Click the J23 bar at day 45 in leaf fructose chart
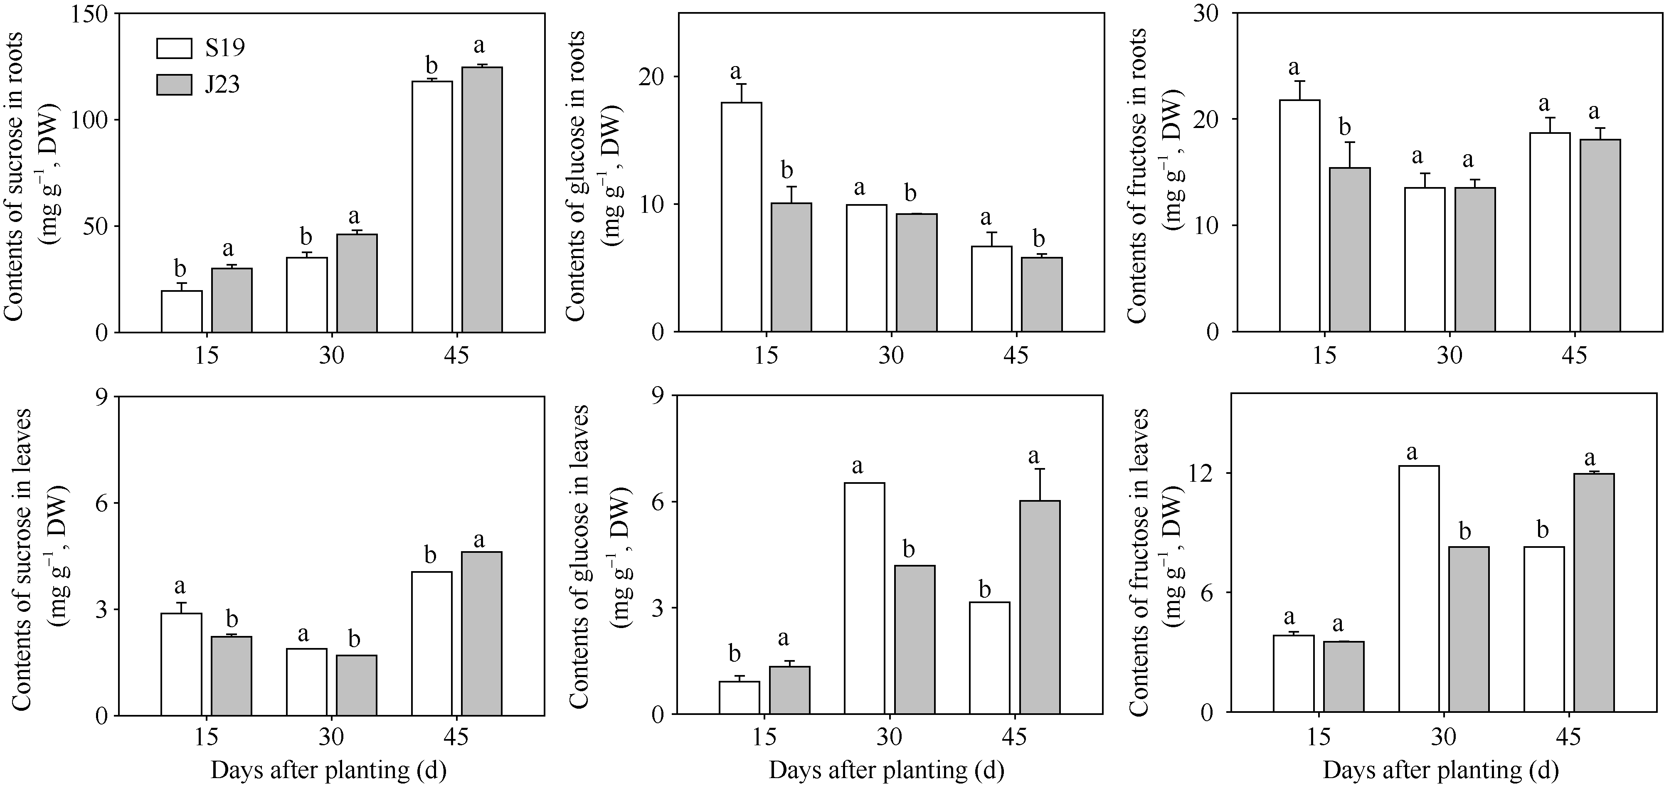pyautogui.click(x=1594, y=592)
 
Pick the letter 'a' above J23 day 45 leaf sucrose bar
pyautogui.click(x=479, y=539)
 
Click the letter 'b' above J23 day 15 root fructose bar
pyautogui.click(x=1345, y=127)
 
